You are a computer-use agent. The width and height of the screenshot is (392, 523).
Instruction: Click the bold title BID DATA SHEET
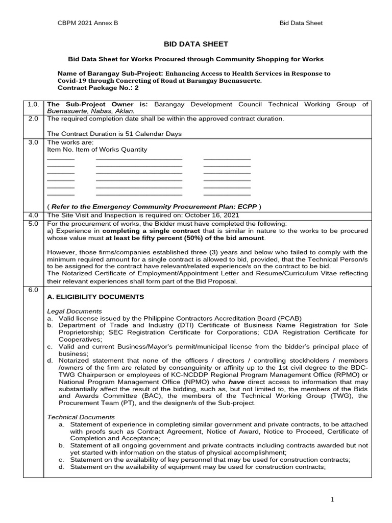(x=195, y=44)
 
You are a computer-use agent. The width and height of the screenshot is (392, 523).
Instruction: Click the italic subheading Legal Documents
(x=74, y=311)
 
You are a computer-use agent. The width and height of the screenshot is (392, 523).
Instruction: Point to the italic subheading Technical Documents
(x=80, y=417)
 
